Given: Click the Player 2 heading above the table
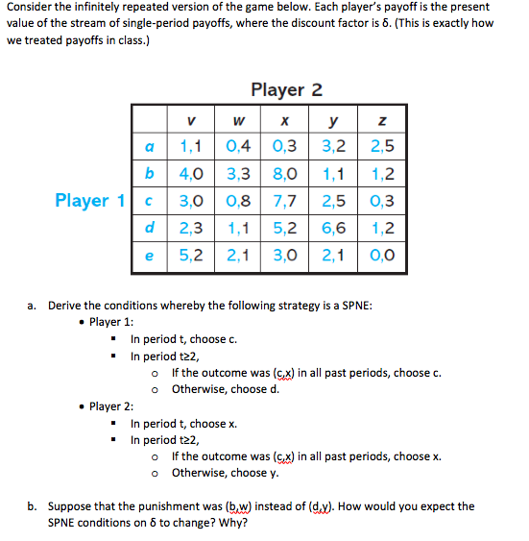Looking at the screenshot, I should pyautogui.click(x=286, y=89).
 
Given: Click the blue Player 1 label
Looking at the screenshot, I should pyautogui.click(x=89, y=200).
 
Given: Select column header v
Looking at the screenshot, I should pyautogui.click(x=191, y=121).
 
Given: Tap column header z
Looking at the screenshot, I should pyautogui.click(x=384, y=121).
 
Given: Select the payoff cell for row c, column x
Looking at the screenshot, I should pyautogui.click(x=285, y=201).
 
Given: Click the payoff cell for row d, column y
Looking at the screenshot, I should pyautogui.click(x=335, y=229).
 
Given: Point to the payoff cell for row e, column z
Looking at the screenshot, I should pyautogui.click(x=384, y=256).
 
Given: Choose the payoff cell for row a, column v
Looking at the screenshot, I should pyautogui.click(x=191, y=147).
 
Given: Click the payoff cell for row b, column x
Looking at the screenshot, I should pyautogui.click(x=285, y=174).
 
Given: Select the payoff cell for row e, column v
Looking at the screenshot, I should pyautogui.click(x=191, y=256).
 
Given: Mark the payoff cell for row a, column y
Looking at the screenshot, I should pyautogui.click(x=335, y=147).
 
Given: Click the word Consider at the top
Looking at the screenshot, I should pyautogui.click(x=33, y=8).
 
